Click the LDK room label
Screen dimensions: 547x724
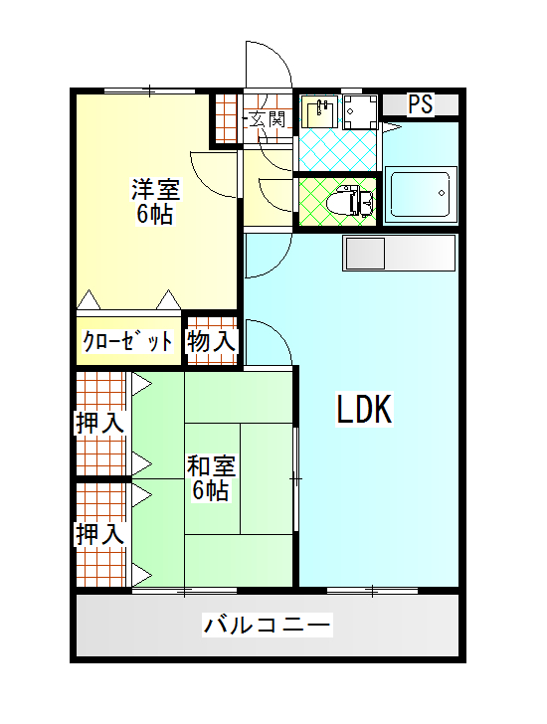tap(364, 409)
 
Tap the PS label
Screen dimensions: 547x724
tap(421, 104)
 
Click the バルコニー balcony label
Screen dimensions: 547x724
tap(268, 626)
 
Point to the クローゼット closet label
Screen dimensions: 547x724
tap(127, 342)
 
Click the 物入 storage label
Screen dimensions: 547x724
tap(211, 342)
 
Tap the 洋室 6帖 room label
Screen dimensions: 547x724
tap(155, 201)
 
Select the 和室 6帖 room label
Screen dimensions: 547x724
tap(211, 478)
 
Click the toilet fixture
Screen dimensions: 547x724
tap(349, 201)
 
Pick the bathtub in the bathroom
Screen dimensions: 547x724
tap(420, 194)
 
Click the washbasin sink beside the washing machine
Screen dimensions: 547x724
tap(319, 111)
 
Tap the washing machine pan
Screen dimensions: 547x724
tap(360, 111)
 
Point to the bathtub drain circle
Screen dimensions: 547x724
tap(442, 193)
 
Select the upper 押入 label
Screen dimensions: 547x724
tap(100, 423)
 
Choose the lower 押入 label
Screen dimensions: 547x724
tap(100, 534)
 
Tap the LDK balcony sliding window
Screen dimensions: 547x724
tap(372, 590)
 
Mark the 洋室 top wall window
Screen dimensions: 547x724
tap(149, 90)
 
